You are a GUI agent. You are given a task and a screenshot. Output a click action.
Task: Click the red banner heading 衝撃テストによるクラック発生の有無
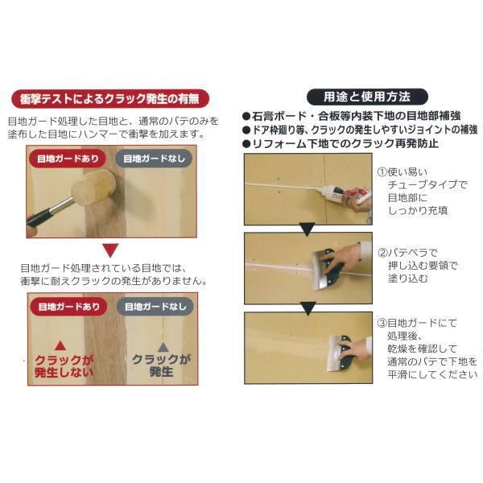(111, 100)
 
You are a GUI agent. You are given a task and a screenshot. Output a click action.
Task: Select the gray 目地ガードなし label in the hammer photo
(151, 159)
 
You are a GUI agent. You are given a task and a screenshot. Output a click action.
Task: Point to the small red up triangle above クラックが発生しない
(61, 345)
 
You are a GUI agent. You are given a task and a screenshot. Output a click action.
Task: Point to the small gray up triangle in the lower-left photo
(163, 346)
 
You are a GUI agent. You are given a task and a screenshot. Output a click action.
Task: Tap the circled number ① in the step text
(383, 172)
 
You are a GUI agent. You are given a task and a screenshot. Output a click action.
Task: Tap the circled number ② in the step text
(383, 251)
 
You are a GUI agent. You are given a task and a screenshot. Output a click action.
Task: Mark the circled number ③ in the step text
(383, 323)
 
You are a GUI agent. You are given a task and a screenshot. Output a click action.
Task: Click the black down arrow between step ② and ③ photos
(307, 306)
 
